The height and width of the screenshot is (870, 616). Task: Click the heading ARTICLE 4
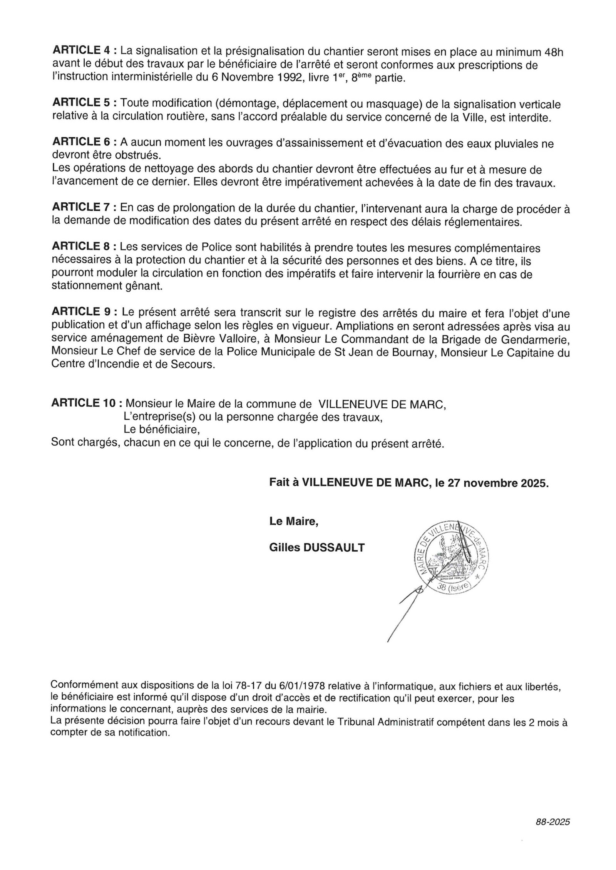[81, 51]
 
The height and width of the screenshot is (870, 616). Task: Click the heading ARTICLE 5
[81, 103]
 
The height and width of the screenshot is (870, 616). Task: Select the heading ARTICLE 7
[81, 208]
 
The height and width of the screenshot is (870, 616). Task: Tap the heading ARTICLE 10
[84, 403]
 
